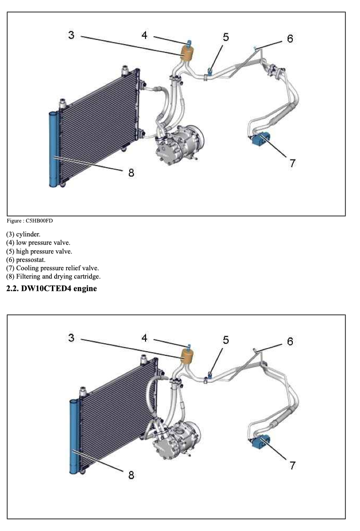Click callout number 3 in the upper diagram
coord(71,35)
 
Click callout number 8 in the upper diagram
coord(131,172)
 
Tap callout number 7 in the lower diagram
coord(292,465)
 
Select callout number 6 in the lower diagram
coord(290,341)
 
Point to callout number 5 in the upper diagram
coord(226,37)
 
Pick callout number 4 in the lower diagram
coord(145,338)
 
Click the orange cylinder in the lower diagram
coord(187,357)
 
